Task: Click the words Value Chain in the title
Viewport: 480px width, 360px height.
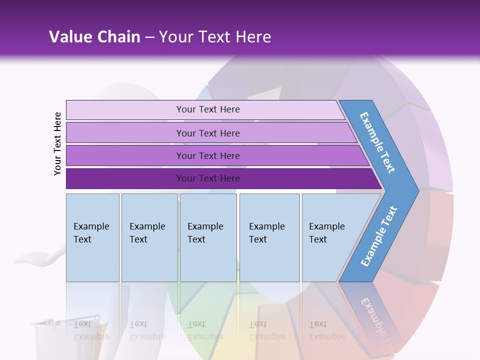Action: pyautogui.click(x=94, y=37)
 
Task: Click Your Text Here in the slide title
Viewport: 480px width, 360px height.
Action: pyautogui.click(x=215, y=37)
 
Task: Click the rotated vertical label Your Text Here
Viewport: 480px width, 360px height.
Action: pyautogui.click(x=57, y=143)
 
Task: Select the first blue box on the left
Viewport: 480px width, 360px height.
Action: pyautogui.click(x=92, y=237)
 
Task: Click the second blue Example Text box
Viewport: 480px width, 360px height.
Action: pyautogui.click(x=149, y=237)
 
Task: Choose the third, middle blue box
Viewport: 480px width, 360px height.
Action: pyautogui.click(x=208, y=237)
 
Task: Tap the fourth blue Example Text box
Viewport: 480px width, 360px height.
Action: pyautogui.click(x=269, y=237)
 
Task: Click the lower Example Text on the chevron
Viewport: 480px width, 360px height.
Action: pyautogui.click(x=379, y=236)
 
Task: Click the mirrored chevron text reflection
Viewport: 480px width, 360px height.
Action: pyautogui.click(x=375, y=320)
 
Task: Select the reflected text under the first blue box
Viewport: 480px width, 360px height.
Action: pyautogui.click(x=91, y=330)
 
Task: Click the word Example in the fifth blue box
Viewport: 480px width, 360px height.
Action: pyautogui.click(x=326, y=226)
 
